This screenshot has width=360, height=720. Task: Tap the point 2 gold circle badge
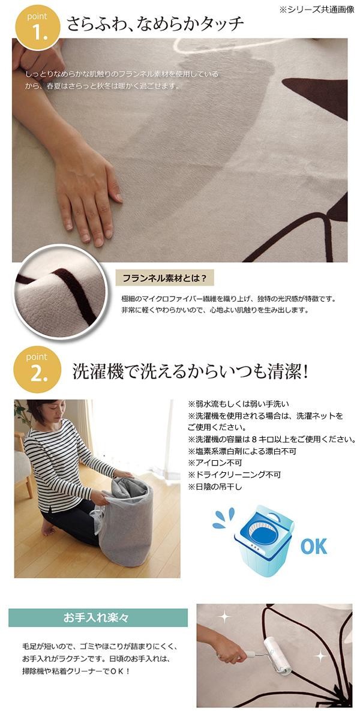point(37,369)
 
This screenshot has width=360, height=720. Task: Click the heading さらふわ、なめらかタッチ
point(155,24)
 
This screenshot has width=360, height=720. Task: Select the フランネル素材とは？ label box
point(164,278)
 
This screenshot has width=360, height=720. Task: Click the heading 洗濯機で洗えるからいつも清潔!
point(190,371)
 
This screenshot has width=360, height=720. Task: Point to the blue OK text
point(313,546)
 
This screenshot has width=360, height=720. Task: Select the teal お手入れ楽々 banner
point(98,617)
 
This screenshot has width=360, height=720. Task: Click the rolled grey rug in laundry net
point(125,518)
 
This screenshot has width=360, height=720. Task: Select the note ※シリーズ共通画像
point(317,10)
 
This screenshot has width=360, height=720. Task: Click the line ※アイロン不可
point(215,463)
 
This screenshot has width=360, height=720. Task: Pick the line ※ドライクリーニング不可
point(235,475)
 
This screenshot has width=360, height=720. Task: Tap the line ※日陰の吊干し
point(215,487)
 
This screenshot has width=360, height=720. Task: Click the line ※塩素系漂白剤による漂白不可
point(242,451)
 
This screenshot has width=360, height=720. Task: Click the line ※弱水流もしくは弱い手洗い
point(239,404)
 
